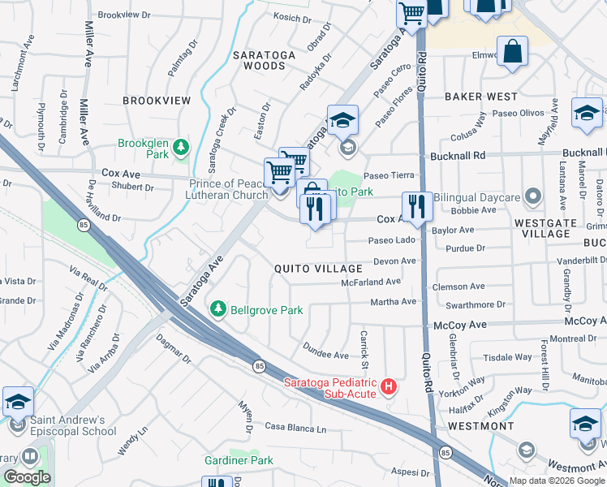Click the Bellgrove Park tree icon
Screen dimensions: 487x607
217,309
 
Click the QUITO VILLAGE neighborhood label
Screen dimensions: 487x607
318,269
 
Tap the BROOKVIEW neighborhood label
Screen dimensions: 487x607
157,100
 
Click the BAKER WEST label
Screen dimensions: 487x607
481,97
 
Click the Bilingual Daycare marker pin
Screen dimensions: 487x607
533,196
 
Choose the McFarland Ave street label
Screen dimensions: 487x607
372,282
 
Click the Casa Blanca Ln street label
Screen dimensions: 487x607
295,428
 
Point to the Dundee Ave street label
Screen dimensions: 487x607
325,355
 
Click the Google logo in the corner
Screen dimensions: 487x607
27,477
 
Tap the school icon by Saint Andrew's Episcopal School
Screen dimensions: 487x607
18,403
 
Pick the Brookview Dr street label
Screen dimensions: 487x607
124,15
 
